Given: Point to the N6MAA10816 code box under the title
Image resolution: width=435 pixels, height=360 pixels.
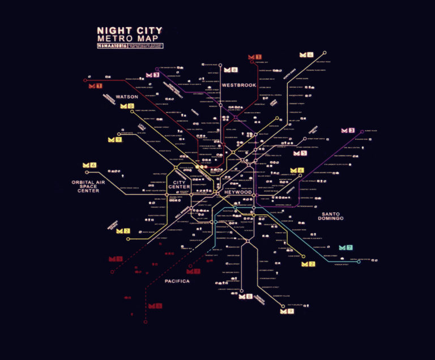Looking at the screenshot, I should [x=111, y=45].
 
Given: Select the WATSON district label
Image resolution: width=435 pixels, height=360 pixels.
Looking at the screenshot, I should [x=127, y=97].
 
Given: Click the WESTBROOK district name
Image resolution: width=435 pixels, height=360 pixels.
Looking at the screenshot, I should [x=239, y=85].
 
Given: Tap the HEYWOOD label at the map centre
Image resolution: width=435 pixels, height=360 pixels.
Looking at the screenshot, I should [x=238, y=192].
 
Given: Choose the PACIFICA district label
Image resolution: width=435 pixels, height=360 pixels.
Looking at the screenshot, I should [x=177, y=281].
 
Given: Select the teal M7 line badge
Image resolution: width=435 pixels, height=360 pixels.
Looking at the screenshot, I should [x=346, y=247].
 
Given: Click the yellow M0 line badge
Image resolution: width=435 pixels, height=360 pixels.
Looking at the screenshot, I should [x=127, y=106].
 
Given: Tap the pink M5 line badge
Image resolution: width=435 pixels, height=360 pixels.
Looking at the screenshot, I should [x=300, y=153].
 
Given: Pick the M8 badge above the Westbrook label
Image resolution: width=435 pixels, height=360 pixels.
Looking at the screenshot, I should [x=231, y=70].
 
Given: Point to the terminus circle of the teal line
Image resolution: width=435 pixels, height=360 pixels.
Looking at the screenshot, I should [x=359, y=262].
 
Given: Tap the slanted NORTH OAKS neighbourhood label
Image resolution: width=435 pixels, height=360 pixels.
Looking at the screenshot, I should [x=289, y=76].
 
